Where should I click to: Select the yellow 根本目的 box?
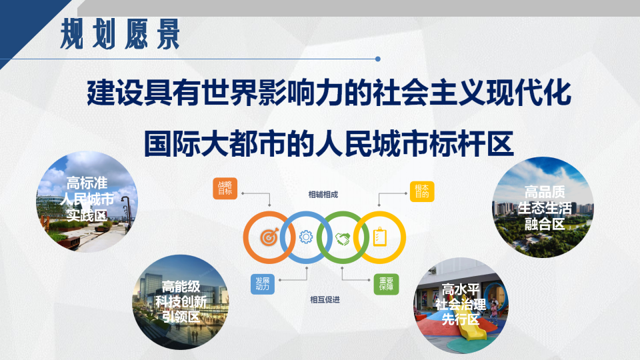pyautogui.click(x=421, y=191)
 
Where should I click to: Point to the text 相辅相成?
pyautogui.click(x=323, y=195)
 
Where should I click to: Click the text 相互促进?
pyautogui.click(x=325, y=299)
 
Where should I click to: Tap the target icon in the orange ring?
pyautogui.click(x=269, y=237)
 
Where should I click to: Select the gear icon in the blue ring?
pyautogui.click(x=306, y=237)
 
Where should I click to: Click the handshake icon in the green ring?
pyautogui.click(x=343, y=237)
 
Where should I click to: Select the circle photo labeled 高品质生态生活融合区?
pyautogui.click(x=544, y=208)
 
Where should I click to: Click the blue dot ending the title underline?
pyautogui.click(x=378, y=59)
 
